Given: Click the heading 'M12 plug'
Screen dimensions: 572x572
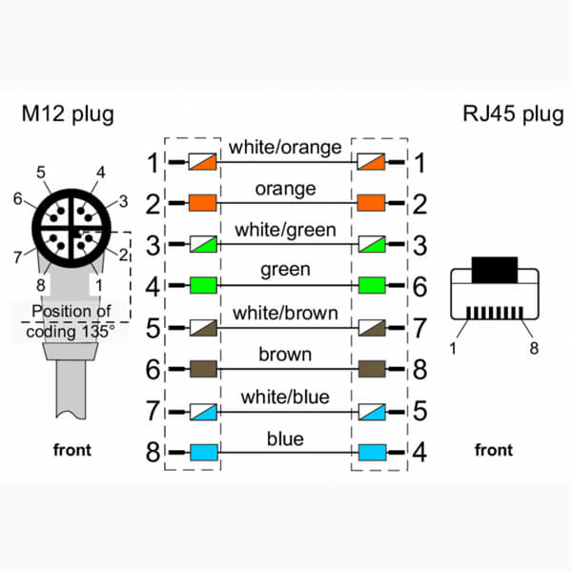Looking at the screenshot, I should [68, 114].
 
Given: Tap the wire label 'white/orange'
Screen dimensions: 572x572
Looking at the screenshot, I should [285, 148].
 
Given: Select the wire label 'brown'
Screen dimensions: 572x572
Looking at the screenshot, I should [285, 355].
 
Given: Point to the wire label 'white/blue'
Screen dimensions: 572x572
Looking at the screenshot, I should [285, 397].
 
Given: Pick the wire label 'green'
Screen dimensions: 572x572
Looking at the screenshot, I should [285, 271].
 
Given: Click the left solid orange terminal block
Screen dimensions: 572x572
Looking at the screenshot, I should [203, 203].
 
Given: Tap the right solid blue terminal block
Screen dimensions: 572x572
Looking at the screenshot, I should [370, 451].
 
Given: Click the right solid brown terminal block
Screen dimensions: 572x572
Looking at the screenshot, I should [370, 368].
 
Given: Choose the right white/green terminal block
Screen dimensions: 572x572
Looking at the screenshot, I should [370, 244].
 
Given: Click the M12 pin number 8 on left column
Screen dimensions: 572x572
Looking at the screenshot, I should [153, 451].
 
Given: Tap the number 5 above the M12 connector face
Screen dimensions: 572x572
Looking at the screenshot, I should [41, 172].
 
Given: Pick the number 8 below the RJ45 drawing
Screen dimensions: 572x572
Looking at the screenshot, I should [534, 348].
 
